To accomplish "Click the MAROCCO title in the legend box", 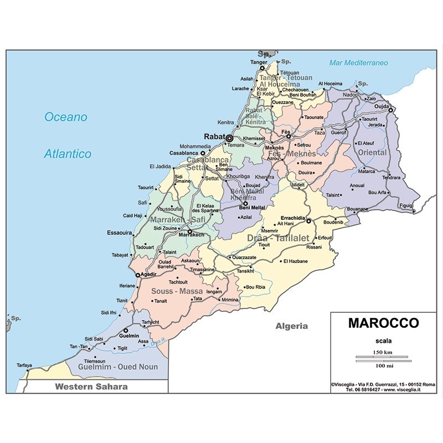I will (383, 323).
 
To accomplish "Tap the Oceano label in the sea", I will (66, 117).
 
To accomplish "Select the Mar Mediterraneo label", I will (358, 63).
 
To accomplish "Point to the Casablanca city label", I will (184, 153).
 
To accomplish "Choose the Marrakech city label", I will (192, 235).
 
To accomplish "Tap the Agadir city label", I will (149, 274).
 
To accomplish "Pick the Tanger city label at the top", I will (259, 62).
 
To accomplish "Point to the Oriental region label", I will (372, 152).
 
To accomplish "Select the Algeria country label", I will (291, 326).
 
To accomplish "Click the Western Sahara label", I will (91, 387).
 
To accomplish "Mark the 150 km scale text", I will (383, 352).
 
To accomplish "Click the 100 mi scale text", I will (383, 367).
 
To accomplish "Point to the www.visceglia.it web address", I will (403, 389).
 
